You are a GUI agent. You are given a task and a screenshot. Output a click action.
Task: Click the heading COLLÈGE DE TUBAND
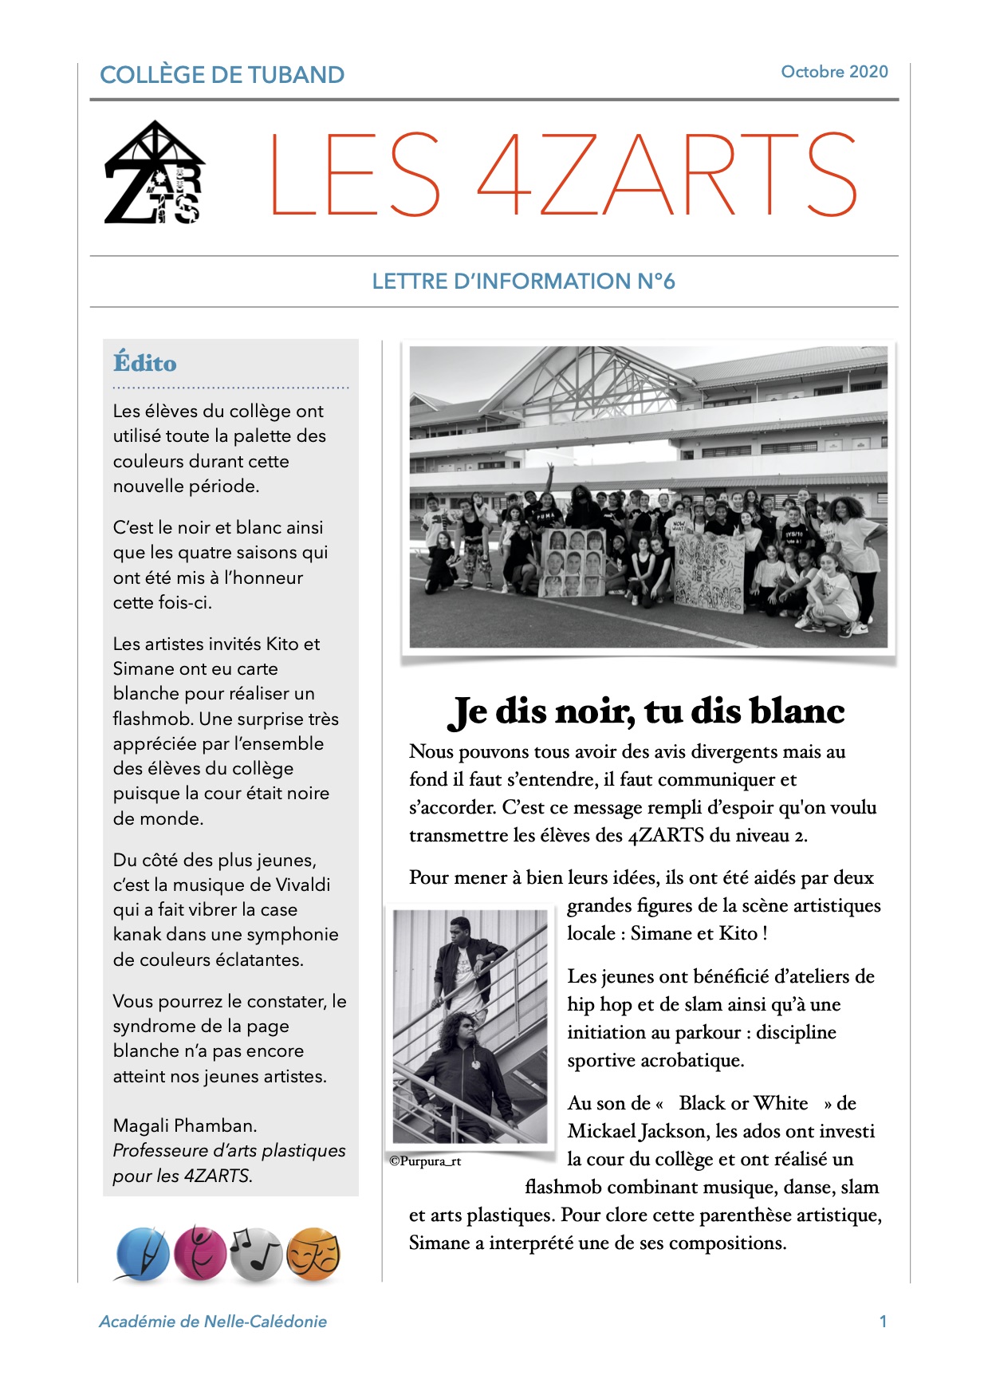tap(222, 75)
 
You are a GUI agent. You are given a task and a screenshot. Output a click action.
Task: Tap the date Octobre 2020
tap(834, 72)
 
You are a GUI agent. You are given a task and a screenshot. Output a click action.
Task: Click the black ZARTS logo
tap(155, 173)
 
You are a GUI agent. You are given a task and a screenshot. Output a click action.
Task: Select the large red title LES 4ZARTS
tap(563, 175)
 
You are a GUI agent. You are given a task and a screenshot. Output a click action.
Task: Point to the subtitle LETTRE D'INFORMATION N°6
tap(523, 282)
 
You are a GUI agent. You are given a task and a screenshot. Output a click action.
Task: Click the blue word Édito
tap(144, 363)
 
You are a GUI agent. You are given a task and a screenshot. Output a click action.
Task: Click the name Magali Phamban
tap(185, 1125)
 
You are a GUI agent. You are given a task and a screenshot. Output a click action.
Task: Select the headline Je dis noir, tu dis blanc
tap(646, 711)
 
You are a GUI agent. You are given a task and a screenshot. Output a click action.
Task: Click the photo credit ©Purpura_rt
tap(425, 1161)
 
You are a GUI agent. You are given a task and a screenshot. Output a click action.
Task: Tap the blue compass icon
tap(143, 1254)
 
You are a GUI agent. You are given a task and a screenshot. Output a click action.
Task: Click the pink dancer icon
tap(200, 1253)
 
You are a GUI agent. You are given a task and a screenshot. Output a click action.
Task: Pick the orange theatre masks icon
tap(313, 1254)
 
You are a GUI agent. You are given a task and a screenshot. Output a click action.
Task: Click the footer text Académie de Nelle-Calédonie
tap(213, 1322)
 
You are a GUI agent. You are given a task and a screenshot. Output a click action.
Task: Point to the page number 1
tap(883, 1322)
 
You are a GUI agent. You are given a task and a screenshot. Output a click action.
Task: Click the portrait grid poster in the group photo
tap(573, 562)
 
